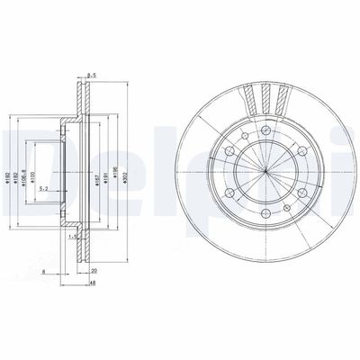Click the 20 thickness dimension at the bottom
[x=94, y=269]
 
